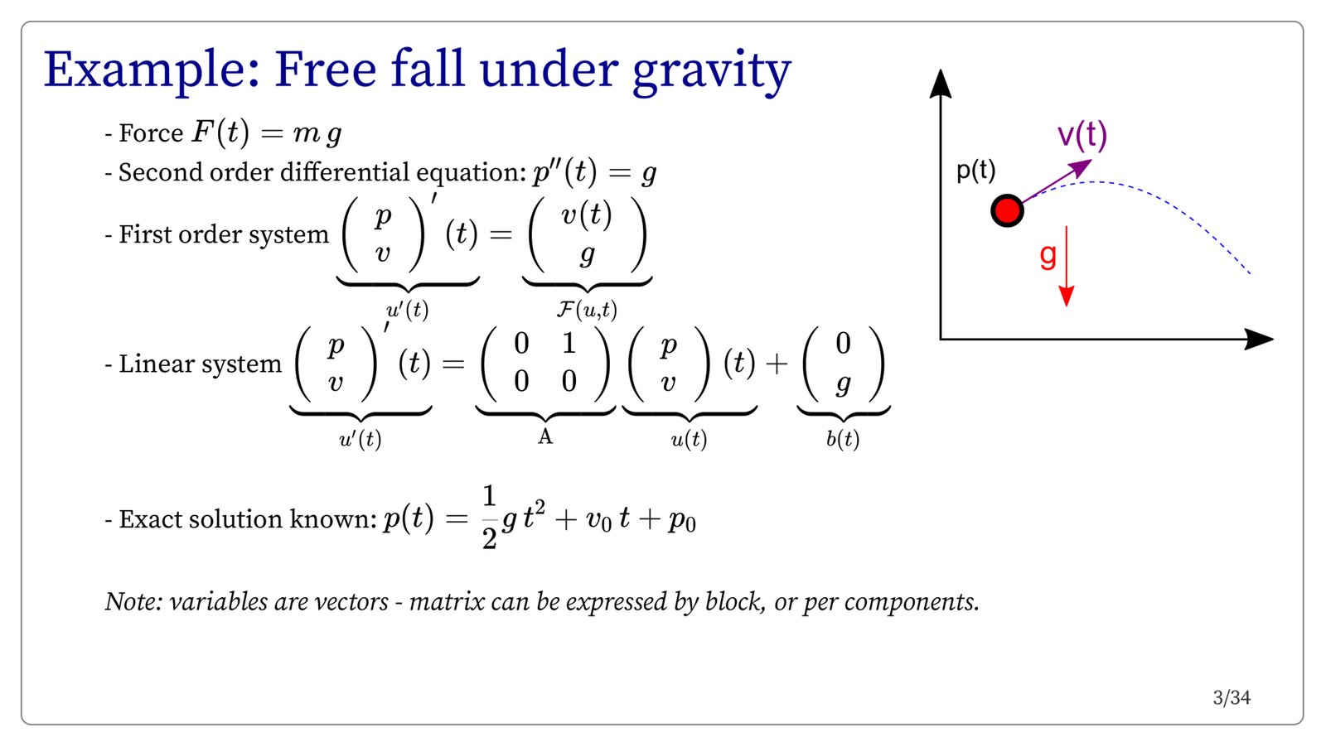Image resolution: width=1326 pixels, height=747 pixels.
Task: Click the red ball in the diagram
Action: [1007, 210]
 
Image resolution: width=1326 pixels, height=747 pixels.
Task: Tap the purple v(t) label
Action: [1082, 136]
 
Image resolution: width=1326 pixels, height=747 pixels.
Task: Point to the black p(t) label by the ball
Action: [976, 171]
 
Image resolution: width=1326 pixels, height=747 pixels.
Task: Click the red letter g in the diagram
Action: [1048, 256]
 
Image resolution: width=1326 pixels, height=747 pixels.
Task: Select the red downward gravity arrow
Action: [1066, 266]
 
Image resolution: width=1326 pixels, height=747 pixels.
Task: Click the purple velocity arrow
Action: [1057, 181]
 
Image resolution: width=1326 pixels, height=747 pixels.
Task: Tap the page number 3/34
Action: [1232, 698]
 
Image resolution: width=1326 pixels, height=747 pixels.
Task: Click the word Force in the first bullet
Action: [150, 133]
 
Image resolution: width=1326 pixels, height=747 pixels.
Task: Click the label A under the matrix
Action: [544, 437]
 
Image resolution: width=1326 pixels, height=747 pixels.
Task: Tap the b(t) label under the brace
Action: [842, 439]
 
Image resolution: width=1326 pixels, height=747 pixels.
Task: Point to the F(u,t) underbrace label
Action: [587, 310]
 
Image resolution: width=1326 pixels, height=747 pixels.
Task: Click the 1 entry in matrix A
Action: [569, 343]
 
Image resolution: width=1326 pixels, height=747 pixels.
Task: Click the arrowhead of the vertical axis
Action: [940, 83]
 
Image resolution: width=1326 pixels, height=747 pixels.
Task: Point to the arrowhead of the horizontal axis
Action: [1259, 339]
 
